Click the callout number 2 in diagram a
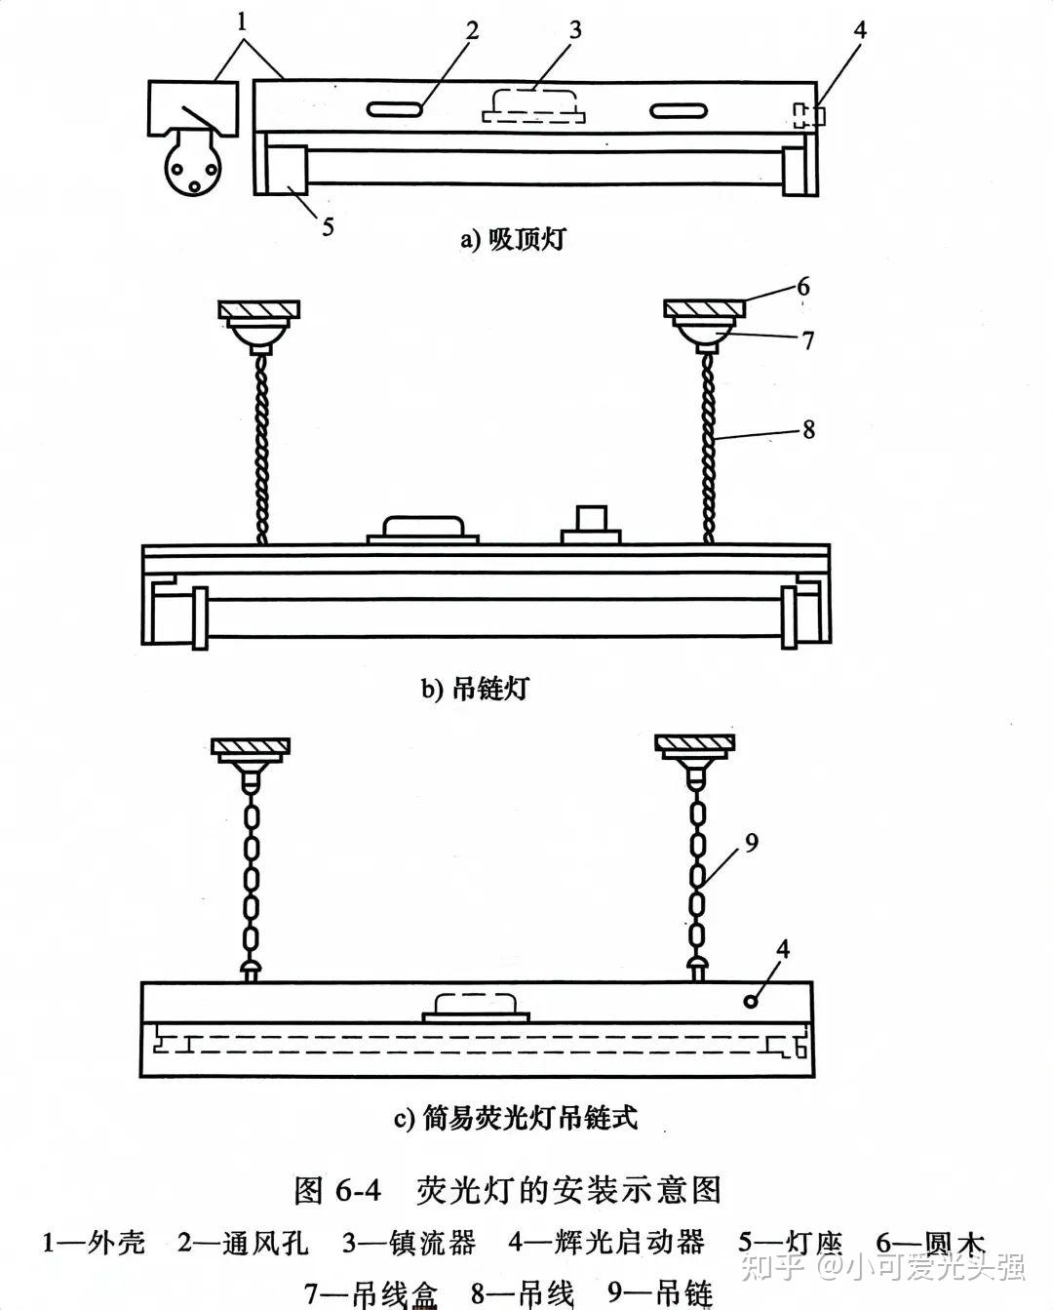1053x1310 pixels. [x=472, y=31]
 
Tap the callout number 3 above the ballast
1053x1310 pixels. [x=575, y=30]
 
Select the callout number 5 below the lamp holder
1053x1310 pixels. [x=328, y=226]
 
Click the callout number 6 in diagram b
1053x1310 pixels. [x=802, y=287]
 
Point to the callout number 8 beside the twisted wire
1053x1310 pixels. [x=808, y=429]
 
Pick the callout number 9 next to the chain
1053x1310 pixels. [x=751, y=843]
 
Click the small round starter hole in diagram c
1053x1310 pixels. [x=751, y=1002]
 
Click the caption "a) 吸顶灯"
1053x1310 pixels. [x=512, y=238]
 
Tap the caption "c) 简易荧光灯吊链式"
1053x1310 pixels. [x=516, y=1117]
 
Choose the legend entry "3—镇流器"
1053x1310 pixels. [x=409, y=1243]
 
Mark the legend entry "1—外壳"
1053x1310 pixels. [x=94, y=1243]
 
